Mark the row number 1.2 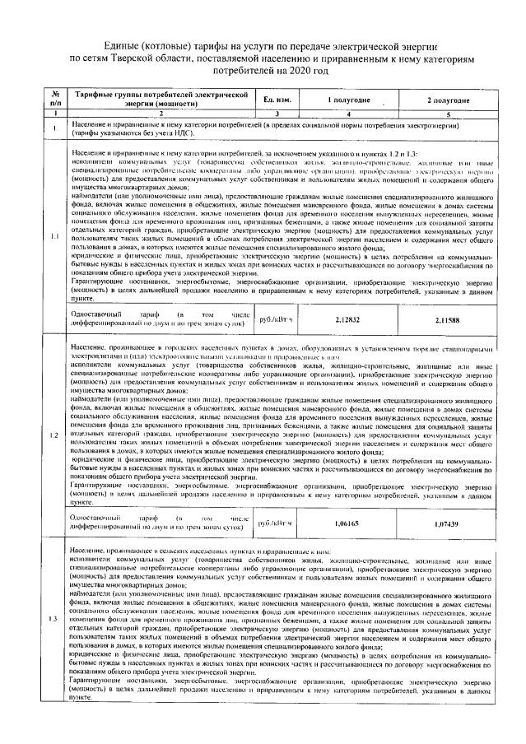(x=54, y=434)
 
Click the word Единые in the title (x=123, y=45)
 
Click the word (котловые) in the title (x=175, y=45)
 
